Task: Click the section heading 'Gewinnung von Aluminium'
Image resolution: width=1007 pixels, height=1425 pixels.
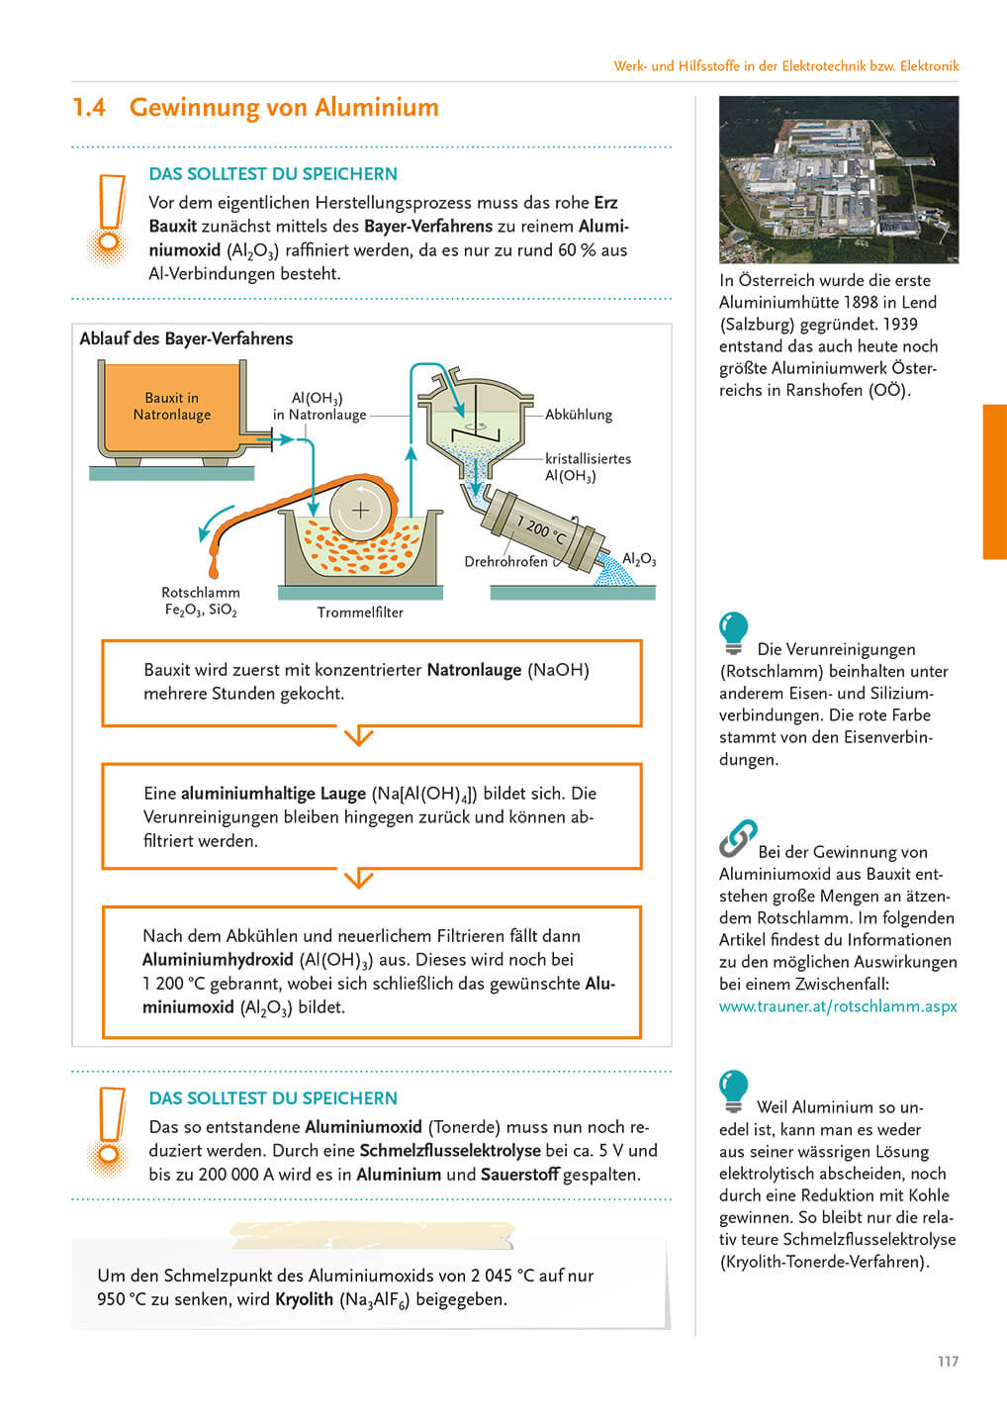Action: (x=284, y=108)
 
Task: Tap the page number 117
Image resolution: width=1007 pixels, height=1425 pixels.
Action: (x=948, y=1362)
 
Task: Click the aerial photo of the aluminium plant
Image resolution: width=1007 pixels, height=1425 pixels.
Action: (x=838, y=179)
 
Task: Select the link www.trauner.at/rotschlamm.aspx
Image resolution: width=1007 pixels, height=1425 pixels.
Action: (x=838, y=1006)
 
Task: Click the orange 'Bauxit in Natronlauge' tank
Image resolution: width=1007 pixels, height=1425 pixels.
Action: (x=172, y=407)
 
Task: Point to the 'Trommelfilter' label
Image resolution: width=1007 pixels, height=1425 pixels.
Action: (x=360, y=613)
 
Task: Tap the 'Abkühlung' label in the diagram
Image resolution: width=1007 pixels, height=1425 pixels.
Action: (x=579, y=415)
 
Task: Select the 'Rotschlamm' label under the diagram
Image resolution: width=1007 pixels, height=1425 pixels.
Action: (x=201, y=593)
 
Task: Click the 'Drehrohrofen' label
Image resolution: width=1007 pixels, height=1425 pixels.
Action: (x=505, y=562)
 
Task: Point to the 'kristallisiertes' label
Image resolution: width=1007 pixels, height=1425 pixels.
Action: (x=588, y=459)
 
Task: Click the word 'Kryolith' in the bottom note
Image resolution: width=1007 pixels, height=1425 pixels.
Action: (x=304, y=1299)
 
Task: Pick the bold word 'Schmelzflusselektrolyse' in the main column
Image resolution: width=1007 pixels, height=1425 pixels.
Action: (x=450, y=1151)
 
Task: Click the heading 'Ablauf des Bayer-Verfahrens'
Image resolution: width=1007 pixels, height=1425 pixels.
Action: (x=186, y=338)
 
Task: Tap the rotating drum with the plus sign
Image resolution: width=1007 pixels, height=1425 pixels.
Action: (x=361, y=511)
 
